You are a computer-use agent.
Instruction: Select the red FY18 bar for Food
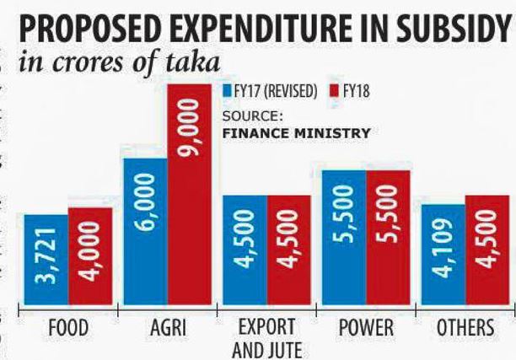90,256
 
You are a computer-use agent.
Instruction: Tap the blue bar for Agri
145,231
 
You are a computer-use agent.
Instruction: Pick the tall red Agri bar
189,194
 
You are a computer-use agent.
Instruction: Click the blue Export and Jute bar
245,250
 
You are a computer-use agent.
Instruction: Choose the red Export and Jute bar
288,250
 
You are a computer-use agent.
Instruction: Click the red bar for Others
487,250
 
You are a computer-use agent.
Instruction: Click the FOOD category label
67,328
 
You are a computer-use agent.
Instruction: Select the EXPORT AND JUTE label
266,336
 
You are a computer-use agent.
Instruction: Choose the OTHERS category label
465,328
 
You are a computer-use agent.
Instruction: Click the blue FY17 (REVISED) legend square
226,90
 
